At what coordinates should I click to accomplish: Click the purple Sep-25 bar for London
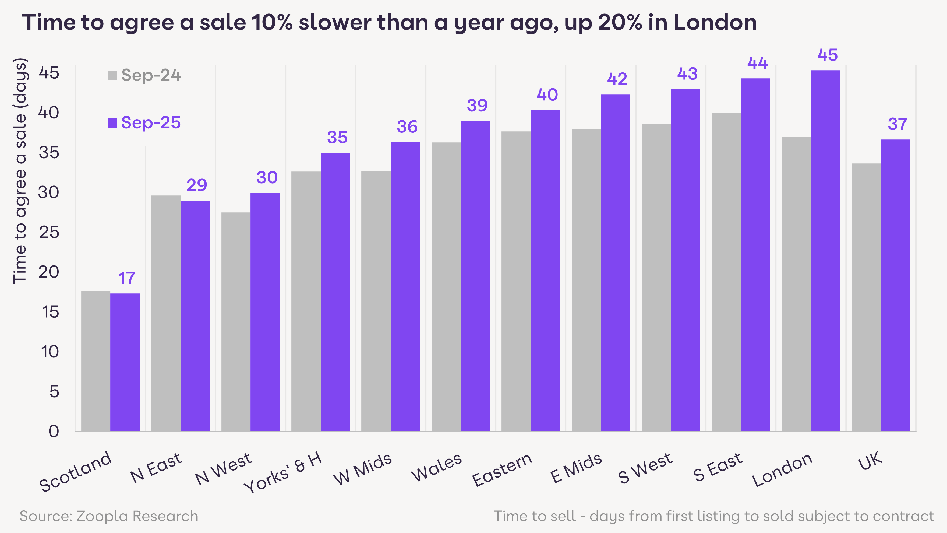(825, 250)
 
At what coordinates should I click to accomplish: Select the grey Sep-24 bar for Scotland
(96, 360)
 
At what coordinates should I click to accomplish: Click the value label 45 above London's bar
(828, 55)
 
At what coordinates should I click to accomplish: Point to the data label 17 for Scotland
(127, 278)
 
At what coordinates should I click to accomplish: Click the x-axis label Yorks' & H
(283, 473)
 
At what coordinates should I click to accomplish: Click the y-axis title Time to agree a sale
(20, 171)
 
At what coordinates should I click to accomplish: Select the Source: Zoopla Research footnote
(109, 516)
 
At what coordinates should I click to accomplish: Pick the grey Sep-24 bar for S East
(726, 272)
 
